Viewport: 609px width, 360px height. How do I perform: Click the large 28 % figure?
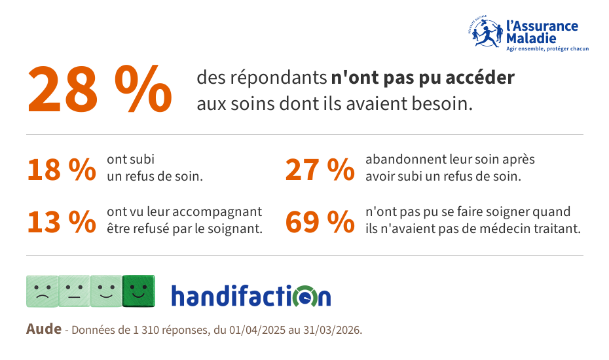100,89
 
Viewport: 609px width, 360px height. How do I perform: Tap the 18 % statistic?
62,170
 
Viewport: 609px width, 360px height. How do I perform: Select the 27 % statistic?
320,170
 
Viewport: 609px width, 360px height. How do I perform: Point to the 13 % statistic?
62,222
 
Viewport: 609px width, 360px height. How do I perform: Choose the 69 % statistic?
320,222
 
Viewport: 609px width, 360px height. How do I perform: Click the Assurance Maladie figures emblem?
485,32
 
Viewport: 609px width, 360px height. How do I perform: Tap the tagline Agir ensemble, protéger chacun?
547,49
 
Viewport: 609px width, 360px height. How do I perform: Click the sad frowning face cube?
42,291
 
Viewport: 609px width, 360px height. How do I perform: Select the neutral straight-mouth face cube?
74,291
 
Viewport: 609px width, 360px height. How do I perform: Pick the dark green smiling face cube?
139,291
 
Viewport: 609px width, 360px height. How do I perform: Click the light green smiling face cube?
107,291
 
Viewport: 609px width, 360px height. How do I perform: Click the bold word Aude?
43,329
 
